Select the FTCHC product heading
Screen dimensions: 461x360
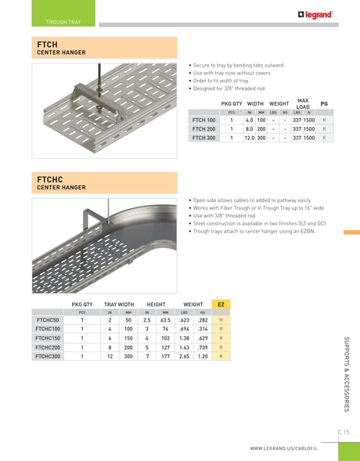coord(49,181)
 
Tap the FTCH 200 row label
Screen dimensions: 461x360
coord(204,128)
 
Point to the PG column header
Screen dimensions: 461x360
coord(324,103)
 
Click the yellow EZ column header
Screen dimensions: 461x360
coord(221,302)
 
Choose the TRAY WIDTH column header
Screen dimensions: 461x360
coord(119,302)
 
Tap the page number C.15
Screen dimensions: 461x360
coord(343,431)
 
